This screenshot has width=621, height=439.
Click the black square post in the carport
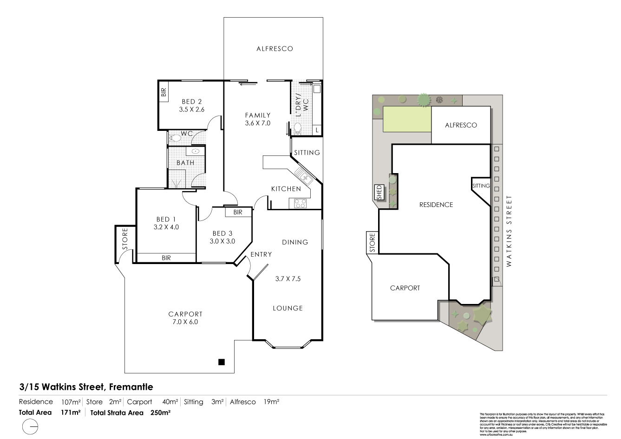[222, 362]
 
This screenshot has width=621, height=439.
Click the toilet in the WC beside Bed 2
[175, 137]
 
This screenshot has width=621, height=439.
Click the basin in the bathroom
[196, 151]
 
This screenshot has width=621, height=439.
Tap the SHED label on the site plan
[379, 192]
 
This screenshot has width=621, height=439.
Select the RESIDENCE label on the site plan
[436, 205]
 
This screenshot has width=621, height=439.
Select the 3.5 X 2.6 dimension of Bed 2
[192, 110]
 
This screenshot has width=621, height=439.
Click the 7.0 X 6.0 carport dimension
[185, 322]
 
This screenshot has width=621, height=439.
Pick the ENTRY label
[261, 254]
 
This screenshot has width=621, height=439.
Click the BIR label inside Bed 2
[163, 92]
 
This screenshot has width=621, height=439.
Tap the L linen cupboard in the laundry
[317, 130]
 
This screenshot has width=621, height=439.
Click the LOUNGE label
[288, 308]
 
